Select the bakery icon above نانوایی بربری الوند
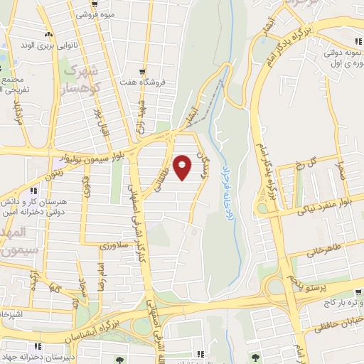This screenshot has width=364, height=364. (x=48, y=34)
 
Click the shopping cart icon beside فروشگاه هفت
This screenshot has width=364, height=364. (x=144, y=73)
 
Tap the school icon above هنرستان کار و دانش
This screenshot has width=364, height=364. (x=33, y=191)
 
